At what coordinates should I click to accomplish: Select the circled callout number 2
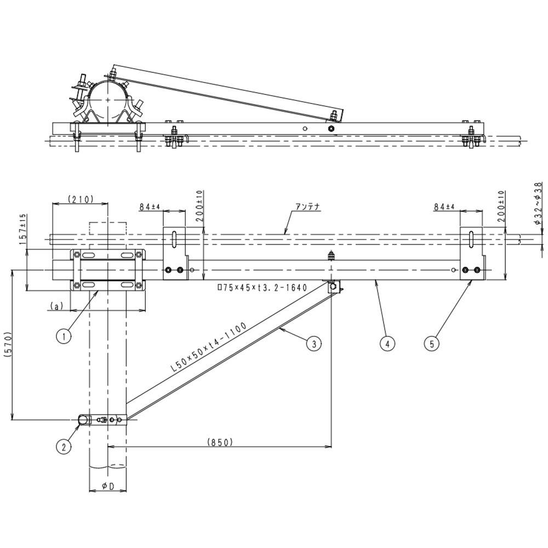pyautogui.click(x=64, y=446)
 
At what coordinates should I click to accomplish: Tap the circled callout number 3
pyautogui.click(x=313, y=344)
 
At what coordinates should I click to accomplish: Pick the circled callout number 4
pyautogui.click(x=387, y=344)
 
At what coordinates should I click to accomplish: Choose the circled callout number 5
pyautogui.click(x=432, y=344)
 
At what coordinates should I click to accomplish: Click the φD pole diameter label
pyautogui.click(x=109, y=485)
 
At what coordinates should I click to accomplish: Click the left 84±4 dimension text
pyautogui.click(x=149, y=207)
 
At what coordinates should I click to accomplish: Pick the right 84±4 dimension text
pyautogui.click(x=444, y=207)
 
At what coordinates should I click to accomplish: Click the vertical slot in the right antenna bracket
pyautogui.click(x=470, y=242)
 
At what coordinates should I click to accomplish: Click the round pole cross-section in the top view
pyautogui.click(x=108, y=100)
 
